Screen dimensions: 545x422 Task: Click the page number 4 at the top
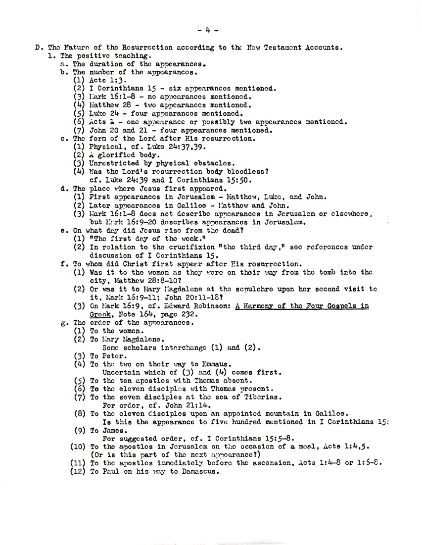211,29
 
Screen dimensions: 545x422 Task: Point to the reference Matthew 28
111,105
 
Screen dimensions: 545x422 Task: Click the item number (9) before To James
81,431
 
